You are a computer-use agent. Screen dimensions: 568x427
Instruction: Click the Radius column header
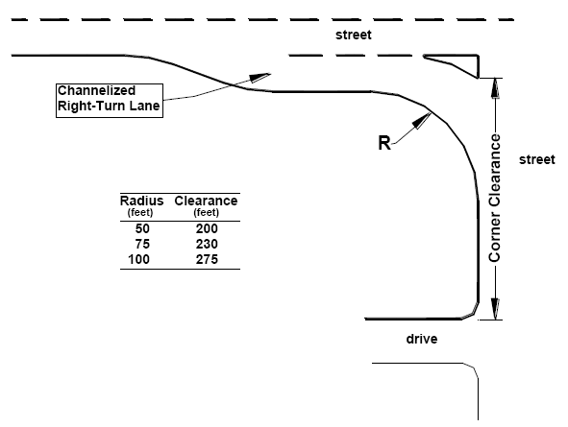coord(141,201)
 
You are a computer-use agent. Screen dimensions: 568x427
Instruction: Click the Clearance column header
coord(206,201)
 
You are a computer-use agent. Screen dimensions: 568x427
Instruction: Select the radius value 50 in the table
coord(142,229)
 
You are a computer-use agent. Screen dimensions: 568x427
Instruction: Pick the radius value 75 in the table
coord(142,245)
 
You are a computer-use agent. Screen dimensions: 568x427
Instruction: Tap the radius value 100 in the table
coord(138,260)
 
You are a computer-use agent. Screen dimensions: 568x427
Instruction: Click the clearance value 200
coord(207,229)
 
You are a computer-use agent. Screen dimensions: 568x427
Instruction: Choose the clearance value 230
coord(207,245)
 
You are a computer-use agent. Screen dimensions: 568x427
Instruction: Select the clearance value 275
coord(207,260)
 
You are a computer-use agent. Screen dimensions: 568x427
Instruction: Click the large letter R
coord(384,143)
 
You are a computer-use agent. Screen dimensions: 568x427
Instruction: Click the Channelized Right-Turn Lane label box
coord(110,101)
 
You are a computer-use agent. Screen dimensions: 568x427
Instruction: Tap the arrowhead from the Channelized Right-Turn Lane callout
coord(260,78)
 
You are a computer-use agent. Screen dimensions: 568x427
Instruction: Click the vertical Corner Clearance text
coord(494,198)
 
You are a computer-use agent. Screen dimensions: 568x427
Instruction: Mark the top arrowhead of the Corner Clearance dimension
coord(495,88)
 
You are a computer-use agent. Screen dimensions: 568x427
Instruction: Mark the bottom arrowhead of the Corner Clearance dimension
coord(495,309)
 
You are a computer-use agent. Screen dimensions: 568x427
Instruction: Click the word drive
coord(422,339)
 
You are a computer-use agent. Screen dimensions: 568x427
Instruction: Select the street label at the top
coord(354,36)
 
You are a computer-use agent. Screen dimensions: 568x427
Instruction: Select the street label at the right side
coord(537,159)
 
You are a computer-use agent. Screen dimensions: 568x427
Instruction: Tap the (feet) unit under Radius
coord(140,213)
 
